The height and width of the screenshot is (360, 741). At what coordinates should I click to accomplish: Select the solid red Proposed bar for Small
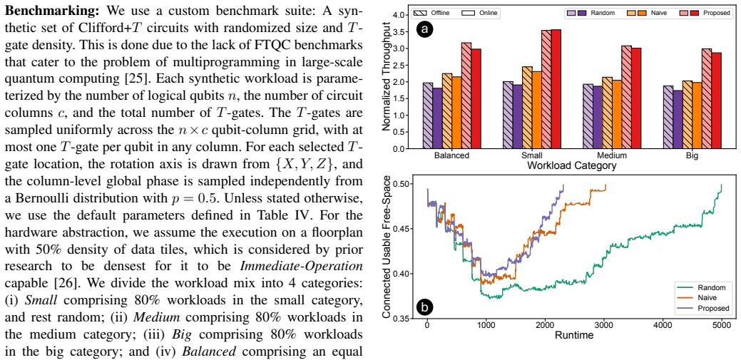556,89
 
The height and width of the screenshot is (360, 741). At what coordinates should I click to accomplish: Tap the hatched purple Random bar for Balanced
428,115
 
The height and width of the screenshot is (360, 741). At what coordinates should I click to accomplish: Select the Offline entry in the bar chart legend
424,14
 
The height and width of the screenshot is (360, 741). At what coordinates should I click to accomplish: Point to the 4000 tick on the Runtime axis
662,325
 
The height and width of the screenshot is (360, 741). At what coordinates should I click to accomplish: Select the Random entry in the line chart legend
702,287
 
